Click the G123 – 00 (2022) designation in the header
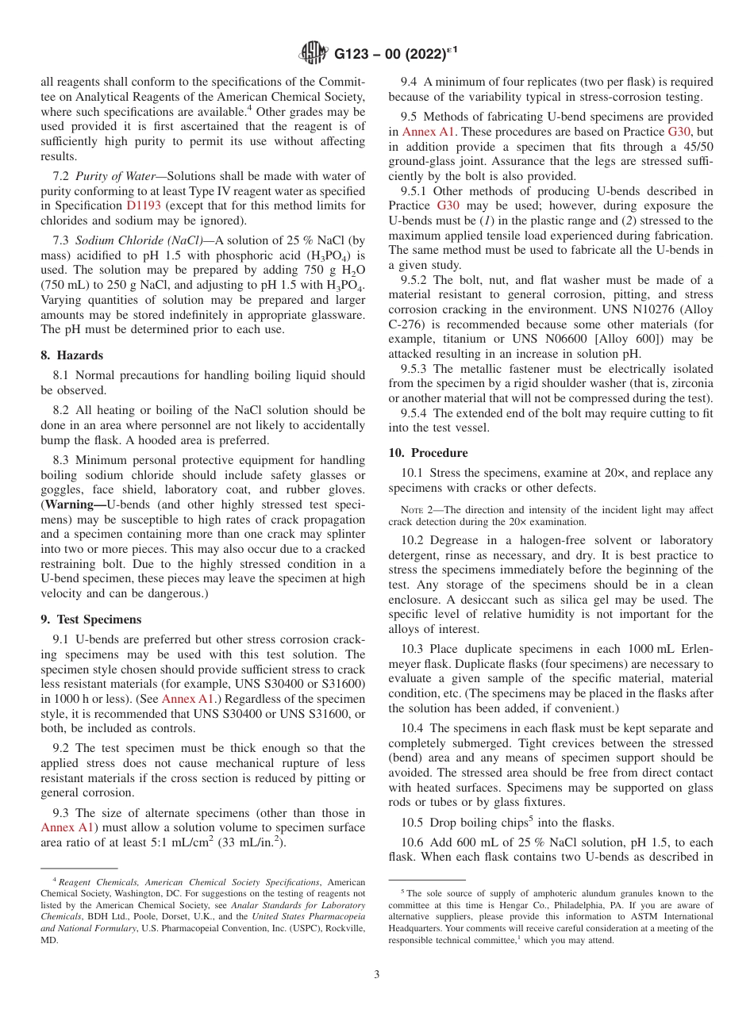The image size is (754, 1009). tap(393, 54)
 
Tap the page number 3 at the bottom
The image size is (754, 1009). tap(377, 974)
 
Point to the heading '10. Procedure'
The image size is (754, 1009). tap(428, 452)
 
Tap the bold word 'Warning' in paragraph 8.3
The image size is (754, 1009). tap(71, 504)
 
